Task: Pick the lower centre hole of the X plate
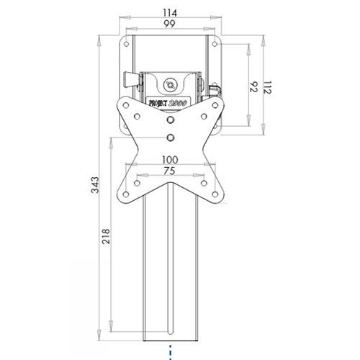(x=170, y=137)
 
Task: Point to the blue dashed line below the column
(x=170, y=354)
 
